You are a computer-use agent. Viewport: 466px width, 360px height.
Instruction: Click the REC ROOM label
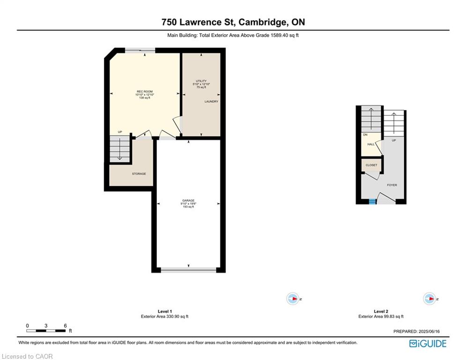pos(144,91)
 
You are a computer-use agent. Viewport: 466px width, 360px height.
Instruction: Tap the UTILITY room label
pos(201,81)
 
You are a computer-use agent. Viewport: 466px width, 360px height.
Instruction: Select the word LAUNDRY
pos(211,101)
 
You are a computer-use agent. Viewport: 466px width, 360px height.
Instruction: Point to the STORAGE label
pos(139,174)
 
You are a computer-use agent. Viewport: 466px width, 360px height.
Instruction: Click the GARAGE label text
pos(188,201)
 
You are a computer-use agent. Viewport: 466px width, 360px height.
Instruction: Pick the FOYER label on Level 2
pos(392,185)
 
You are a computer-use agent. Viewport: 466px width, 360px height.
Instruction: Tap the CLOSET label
pos(371,165)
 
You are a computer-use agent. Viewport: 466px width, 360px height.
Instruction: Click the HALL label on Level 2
pos(371,144)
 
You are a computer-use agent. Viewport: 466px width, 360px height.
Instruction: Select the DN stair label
pos(365,135)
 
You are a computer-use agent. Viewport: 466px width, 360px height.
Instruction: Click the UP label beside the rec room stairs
pos(120,132)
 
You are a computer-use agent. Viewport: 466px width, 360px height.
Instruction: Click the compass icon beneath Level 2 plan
pos(429,299)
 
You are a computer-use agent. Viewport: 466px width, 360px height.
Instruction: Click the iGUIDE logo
pos(428,344)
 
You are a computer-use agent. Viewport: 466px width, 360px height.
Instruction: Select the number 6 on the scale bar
pos(65,326)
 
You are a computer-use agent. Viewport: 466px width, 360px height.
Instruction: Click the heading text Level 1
pos(165,312)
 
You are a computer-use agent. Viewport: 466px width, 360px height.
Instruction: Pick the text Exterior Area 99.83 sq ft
pos(381,316)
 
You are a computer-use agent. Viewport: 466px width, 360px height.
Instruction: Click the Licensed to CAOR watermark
pos(27,356)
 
